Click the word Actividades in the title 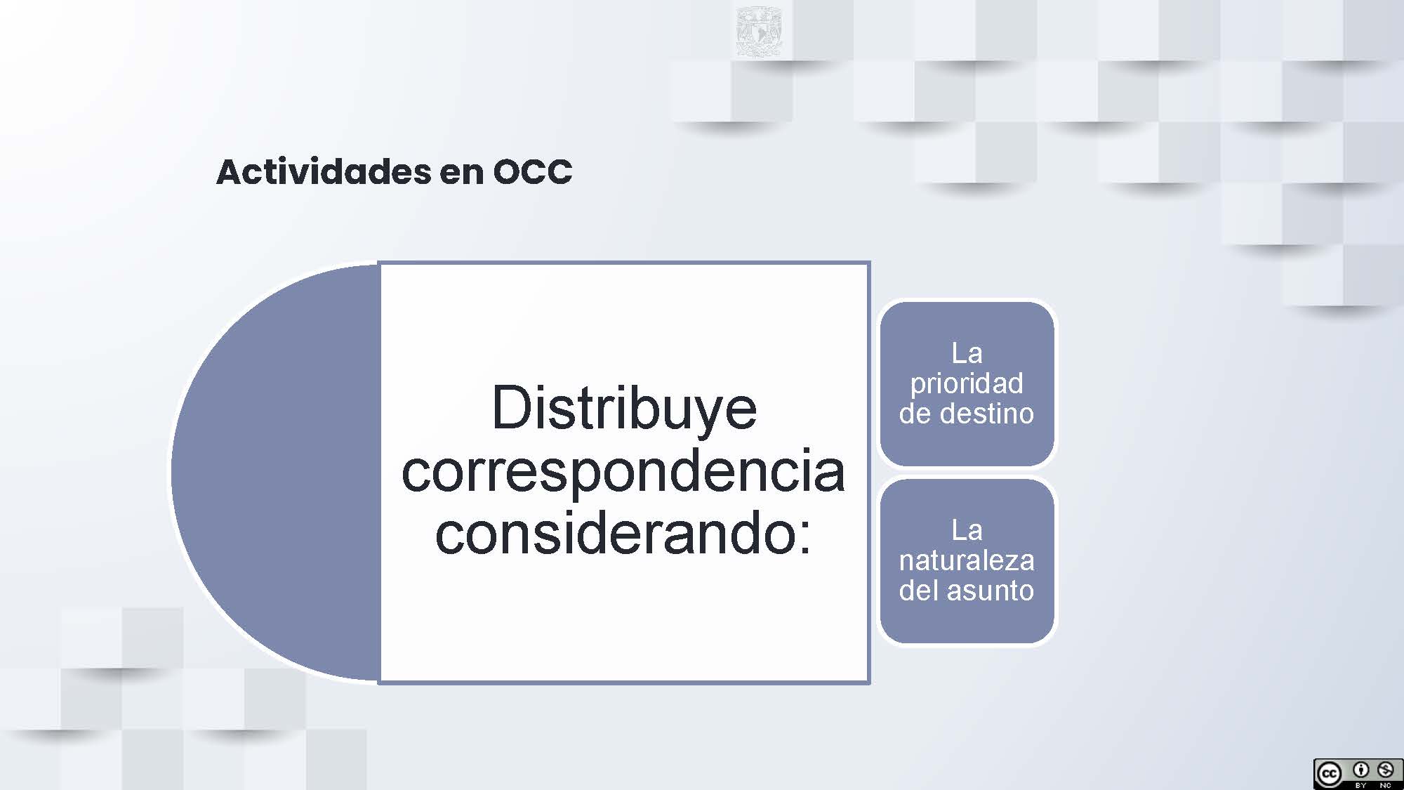(x=324, y=172)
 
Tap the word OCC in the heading (x=533, y=172)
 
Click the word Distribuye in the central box (x=624, y=409)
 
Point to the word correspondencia (x=623, y=471)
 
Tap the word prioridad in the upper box (x=967, y=383)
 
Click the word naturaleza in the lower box (x=967, y=560)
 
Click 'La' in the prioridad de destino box (x=967, y=353)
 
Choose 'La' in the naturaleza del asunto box (x=967, y=530)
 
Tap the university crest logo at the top (x=759, y=31)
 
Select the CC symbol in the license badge (x=1329, y=774)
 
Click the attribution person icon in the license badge (x=1360, y=770)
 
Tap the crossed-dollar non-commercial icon (x=1385, y=770)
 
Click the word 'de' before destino (x=915, y=413)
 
